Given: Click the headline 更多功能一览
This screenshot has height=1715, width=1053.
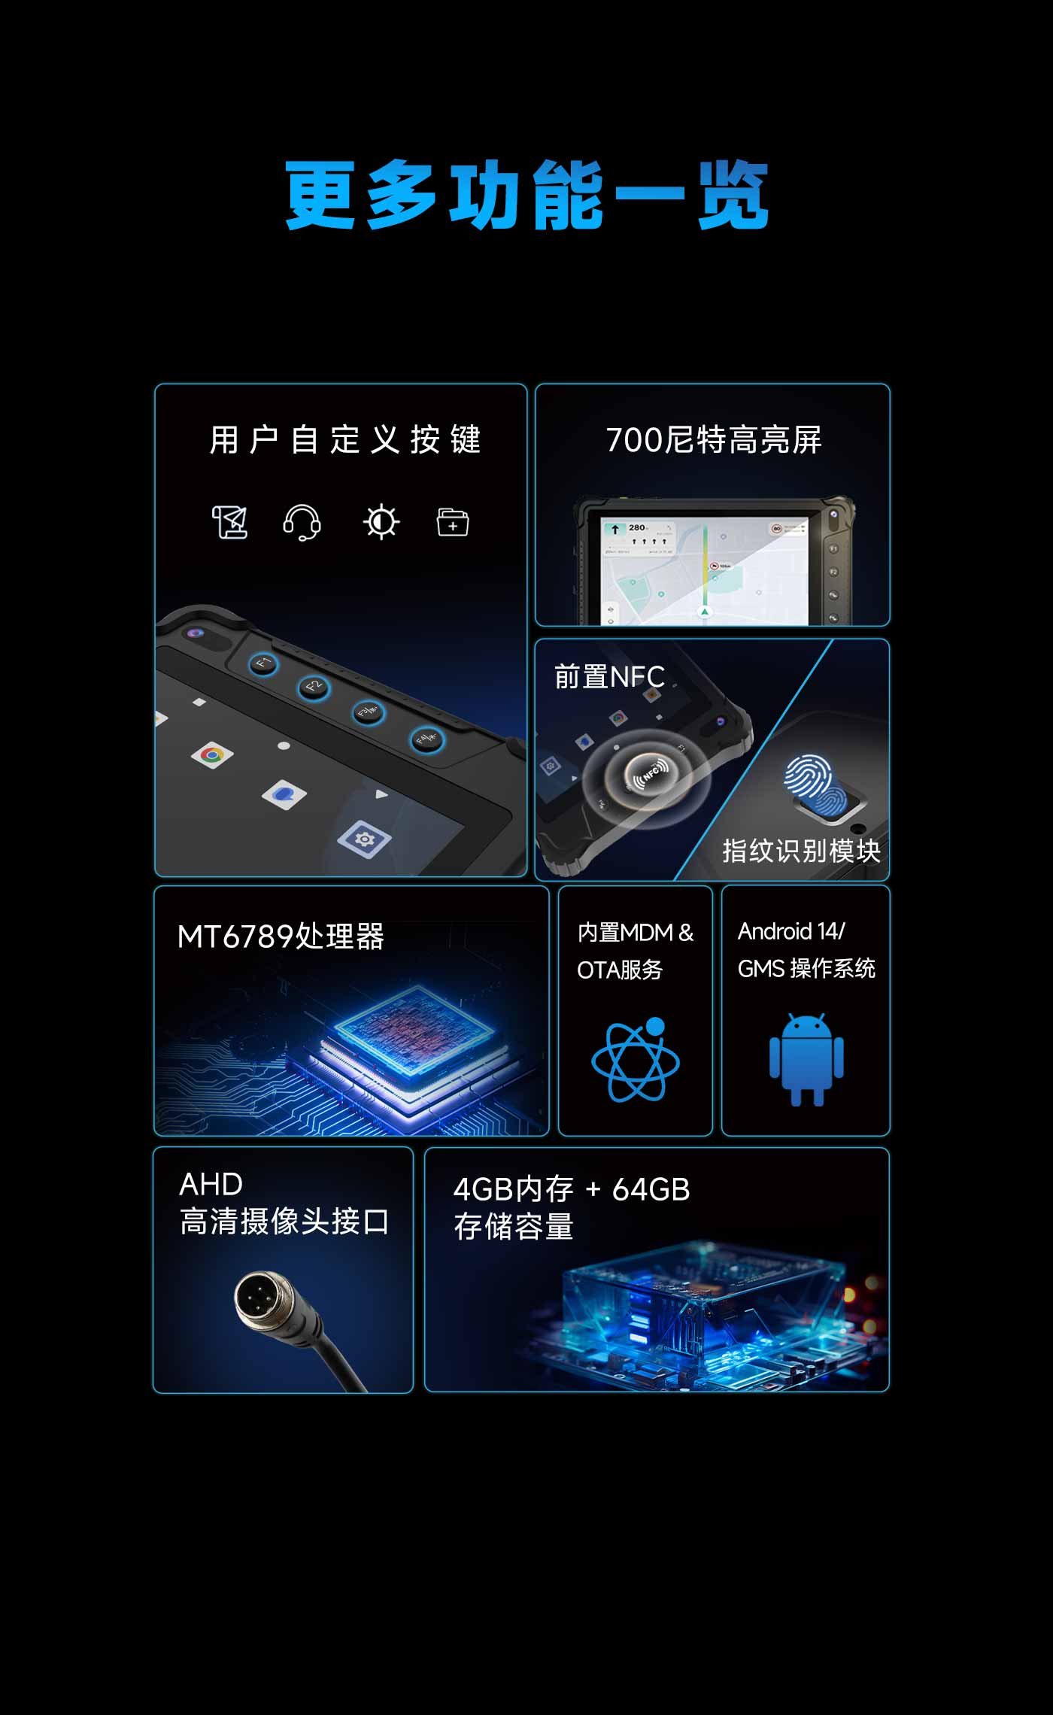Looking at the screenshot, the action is tap(526, 195).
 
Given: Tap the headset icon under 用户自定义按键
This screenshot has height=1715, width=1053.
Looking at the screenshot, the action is tap(302, 522).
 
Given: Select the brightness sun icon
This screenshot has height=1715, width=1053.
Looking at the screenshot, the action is tap(381, 521).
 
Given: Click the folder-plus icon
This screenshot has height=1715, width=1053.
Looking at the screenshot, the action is tap(453, 522).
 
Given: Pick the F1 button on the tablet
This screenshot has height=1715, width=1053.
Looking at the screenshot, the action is tap(263, 663).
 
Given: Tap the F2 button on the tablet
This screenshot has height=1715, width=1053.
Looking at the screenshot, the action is tap(314, 687).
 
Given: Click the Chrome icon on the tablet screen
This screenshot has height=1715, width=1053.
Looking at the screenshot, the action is tap(212, 755).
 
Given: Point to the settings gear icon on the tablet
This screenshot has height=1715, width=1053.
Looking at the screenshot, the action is tap(364, 839).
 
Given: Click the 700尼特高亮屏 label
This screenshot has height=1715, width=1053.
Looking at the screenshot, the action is tap(714, 440).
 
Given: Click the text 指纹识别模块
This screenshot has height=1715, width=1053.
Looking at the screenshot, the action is tap(801, 851).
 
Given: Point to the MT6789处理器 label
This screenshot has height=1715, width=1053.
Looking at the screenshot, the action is tap(281, 936).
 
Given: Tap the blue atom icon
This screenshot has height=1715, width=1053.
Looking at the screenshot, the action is tap(636, 1059).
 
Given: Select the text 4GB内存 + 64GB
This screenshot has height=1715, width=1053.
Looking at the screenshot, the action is tap(572, 1189).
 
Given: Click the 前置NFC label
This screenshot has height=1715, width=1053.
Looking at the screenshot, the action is tap(609, 677).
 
